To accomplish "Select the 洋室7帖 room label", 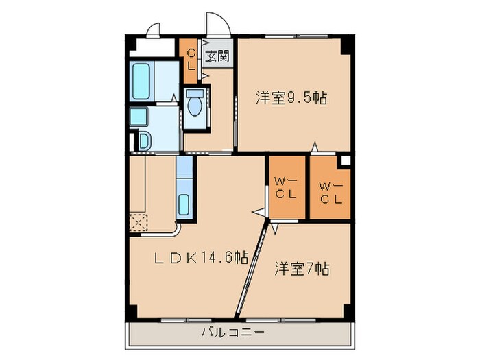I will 302,267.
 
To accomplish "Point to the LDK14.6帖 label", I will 200,258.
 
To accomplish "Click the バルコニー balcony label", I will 232,333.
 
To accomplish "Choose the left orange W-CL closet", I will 286,188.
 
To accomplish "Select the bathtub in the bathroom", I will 143,82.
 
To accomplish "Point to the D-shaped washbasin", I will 144,141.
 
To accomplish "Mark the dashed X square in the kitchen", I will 138,221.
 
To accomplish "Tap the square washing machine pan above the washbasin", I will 139,117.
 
